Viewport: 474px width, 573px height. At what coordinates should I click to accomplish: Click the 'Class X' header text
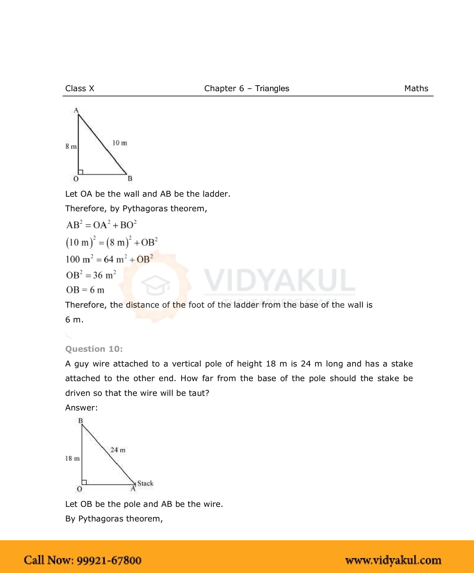pyautogui.click(x=79, y=88)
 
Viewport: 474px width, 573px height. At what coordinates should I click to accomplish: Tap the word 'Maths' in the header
pyautogui.click(x=416, y=88)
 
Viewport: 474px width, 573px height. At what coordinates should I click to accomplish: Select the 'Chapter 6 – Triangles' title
pyautogui.click(x=247, y=88)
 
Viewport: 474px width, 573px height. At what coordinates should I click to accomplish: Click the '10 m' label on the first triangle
pyautogui.click(x=120, y=143)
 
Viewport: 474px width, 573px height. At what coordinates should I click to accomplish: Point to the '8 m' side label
pyautogui.click(x=71, y=146)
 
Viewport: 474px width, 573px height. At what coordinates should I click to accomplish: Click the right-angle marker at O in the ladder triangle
pyautogui.click(x=81, y=172)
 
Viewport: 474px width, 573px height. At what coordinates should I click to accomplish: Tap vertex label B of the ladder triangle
pyautogui.click(x=130, y=178)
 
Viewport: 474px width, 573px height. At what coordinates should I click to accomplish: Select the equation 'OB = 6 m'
pyautogui.click(x=85, y=290)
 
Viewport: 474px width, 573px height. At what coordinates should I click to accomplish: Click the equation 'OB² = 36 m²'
pyautogui.click(x=91, y=275)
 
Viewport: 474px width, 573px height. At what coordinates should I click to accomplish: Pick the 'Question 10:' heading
pyautogui.click(x=94, y=349)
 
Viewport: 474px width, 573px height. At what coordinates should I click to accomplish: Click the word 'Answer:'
pyautogui.click(x=81, y=408)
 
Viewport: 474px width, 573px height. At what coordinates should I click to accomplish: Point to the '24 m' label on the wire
pyautogui.click(x=118, y=450)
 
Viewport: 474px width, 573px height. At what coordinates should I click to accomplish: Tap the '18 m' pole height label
pyautogui.click(x=72, y=458)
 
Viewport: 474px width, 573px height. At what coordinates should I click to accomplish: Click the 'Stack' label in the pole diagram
pyautogui.click(x=145, y=483)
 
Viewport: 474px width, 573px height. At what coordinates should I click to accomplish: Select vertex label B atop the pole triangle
pyautogui.click(x=80, y=421)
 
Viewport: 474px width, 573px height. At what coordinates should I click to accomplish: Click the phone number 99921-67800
pyautogui.click(x=109, y=560)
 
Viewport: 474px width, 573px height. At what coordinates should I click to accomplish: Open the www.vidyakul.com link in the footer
pyautogui.click(x=393, y=560)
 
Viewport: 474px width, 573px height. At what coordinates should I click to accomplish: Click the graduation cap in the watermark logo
pyautogui.click(x=155, y=285)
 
